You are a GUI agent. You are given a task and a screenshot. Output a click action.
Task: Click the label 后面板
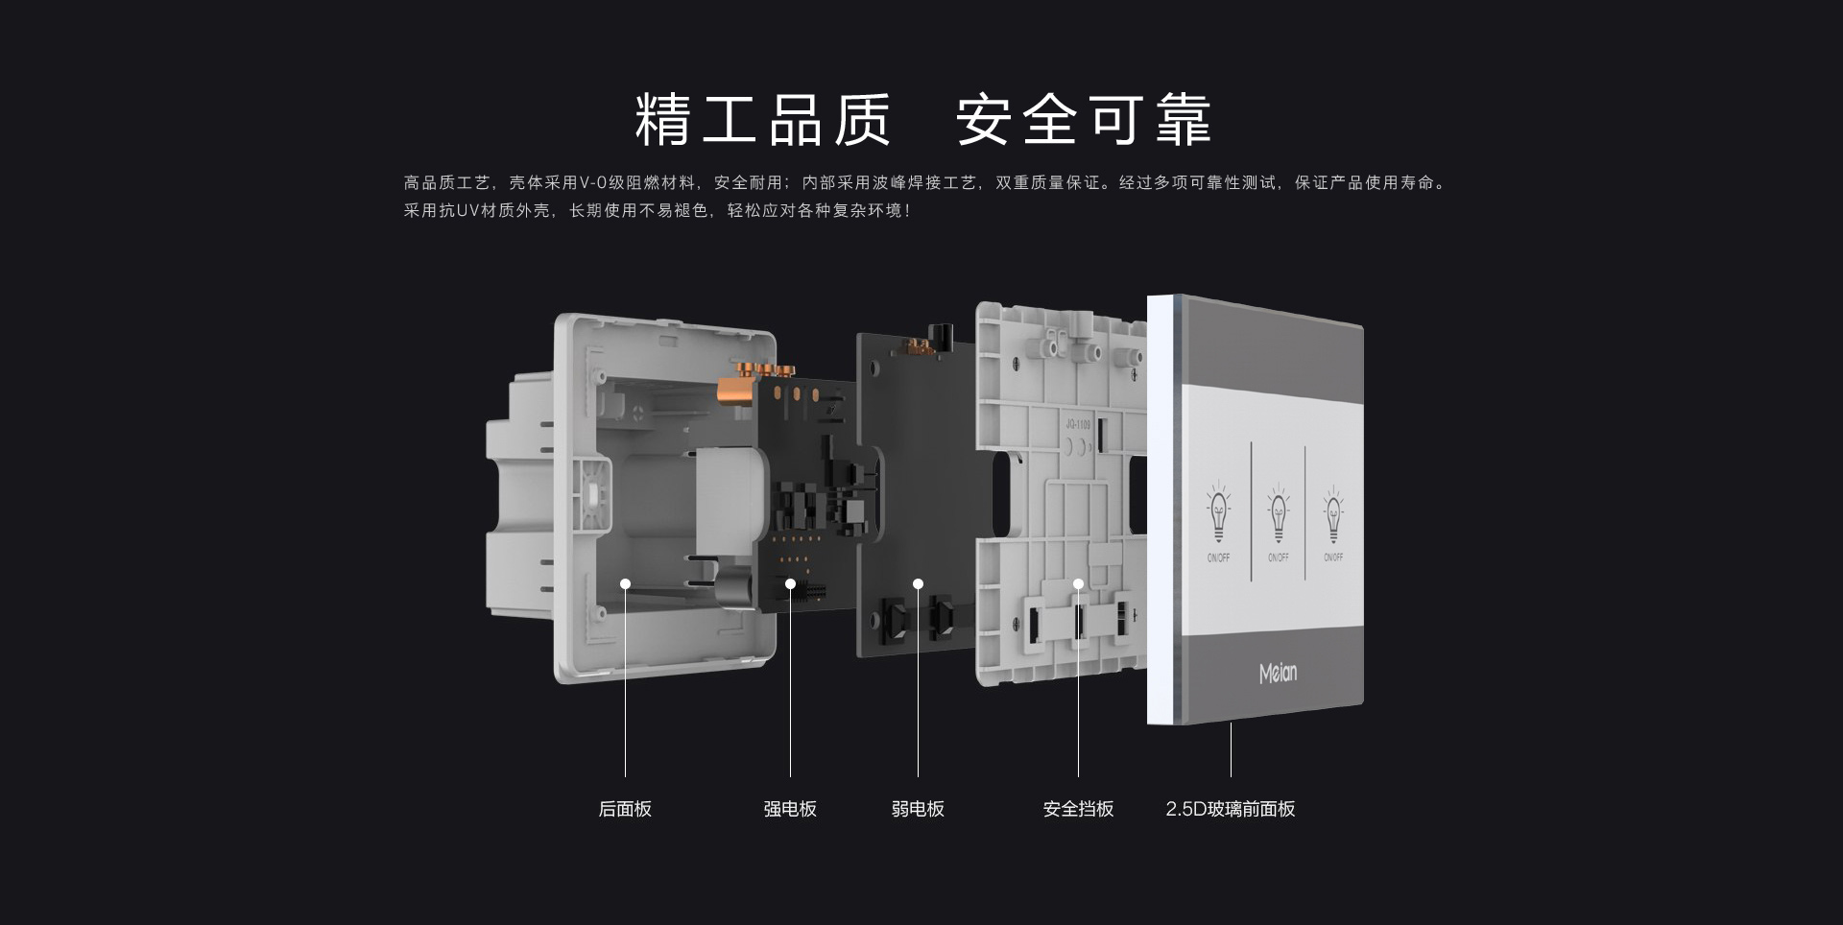[625, 809]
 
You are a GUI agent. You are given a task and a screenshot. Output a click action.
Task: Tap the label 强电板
[790, 809]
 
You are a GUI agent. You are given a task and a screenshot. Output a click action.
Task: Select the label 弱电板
[918, 809]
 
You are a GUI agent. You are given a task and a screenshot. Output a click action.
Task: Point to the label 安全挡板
[1078, 809]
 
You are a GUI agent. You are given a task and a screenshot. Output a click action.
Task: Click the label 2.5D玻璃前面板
[1231, 809]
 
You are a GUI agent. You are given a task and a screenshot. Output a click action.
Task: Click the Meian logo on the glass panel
[1278, 674]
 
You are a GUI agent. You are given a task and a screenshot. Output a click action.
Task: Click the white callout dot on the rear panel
[625, 583]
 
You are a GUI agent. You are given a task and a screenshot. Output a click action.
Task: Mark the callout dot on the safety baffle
[1078, 583]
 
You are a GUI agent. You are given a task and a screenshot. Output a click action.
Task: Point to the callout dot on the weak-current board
[918, 583]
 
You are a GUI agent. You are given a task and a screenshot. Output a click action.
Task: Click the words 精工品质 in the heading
[763, 120]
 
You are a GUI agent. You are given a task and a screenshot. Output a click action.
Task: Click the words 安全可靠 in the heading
[1084, 120]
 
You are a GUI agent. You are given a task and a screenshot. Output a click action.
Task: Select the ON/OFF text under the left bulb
[1218, 557]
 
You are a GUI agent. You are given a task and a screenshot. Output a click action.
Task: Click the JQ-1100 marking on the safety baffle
[1078, 424]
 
